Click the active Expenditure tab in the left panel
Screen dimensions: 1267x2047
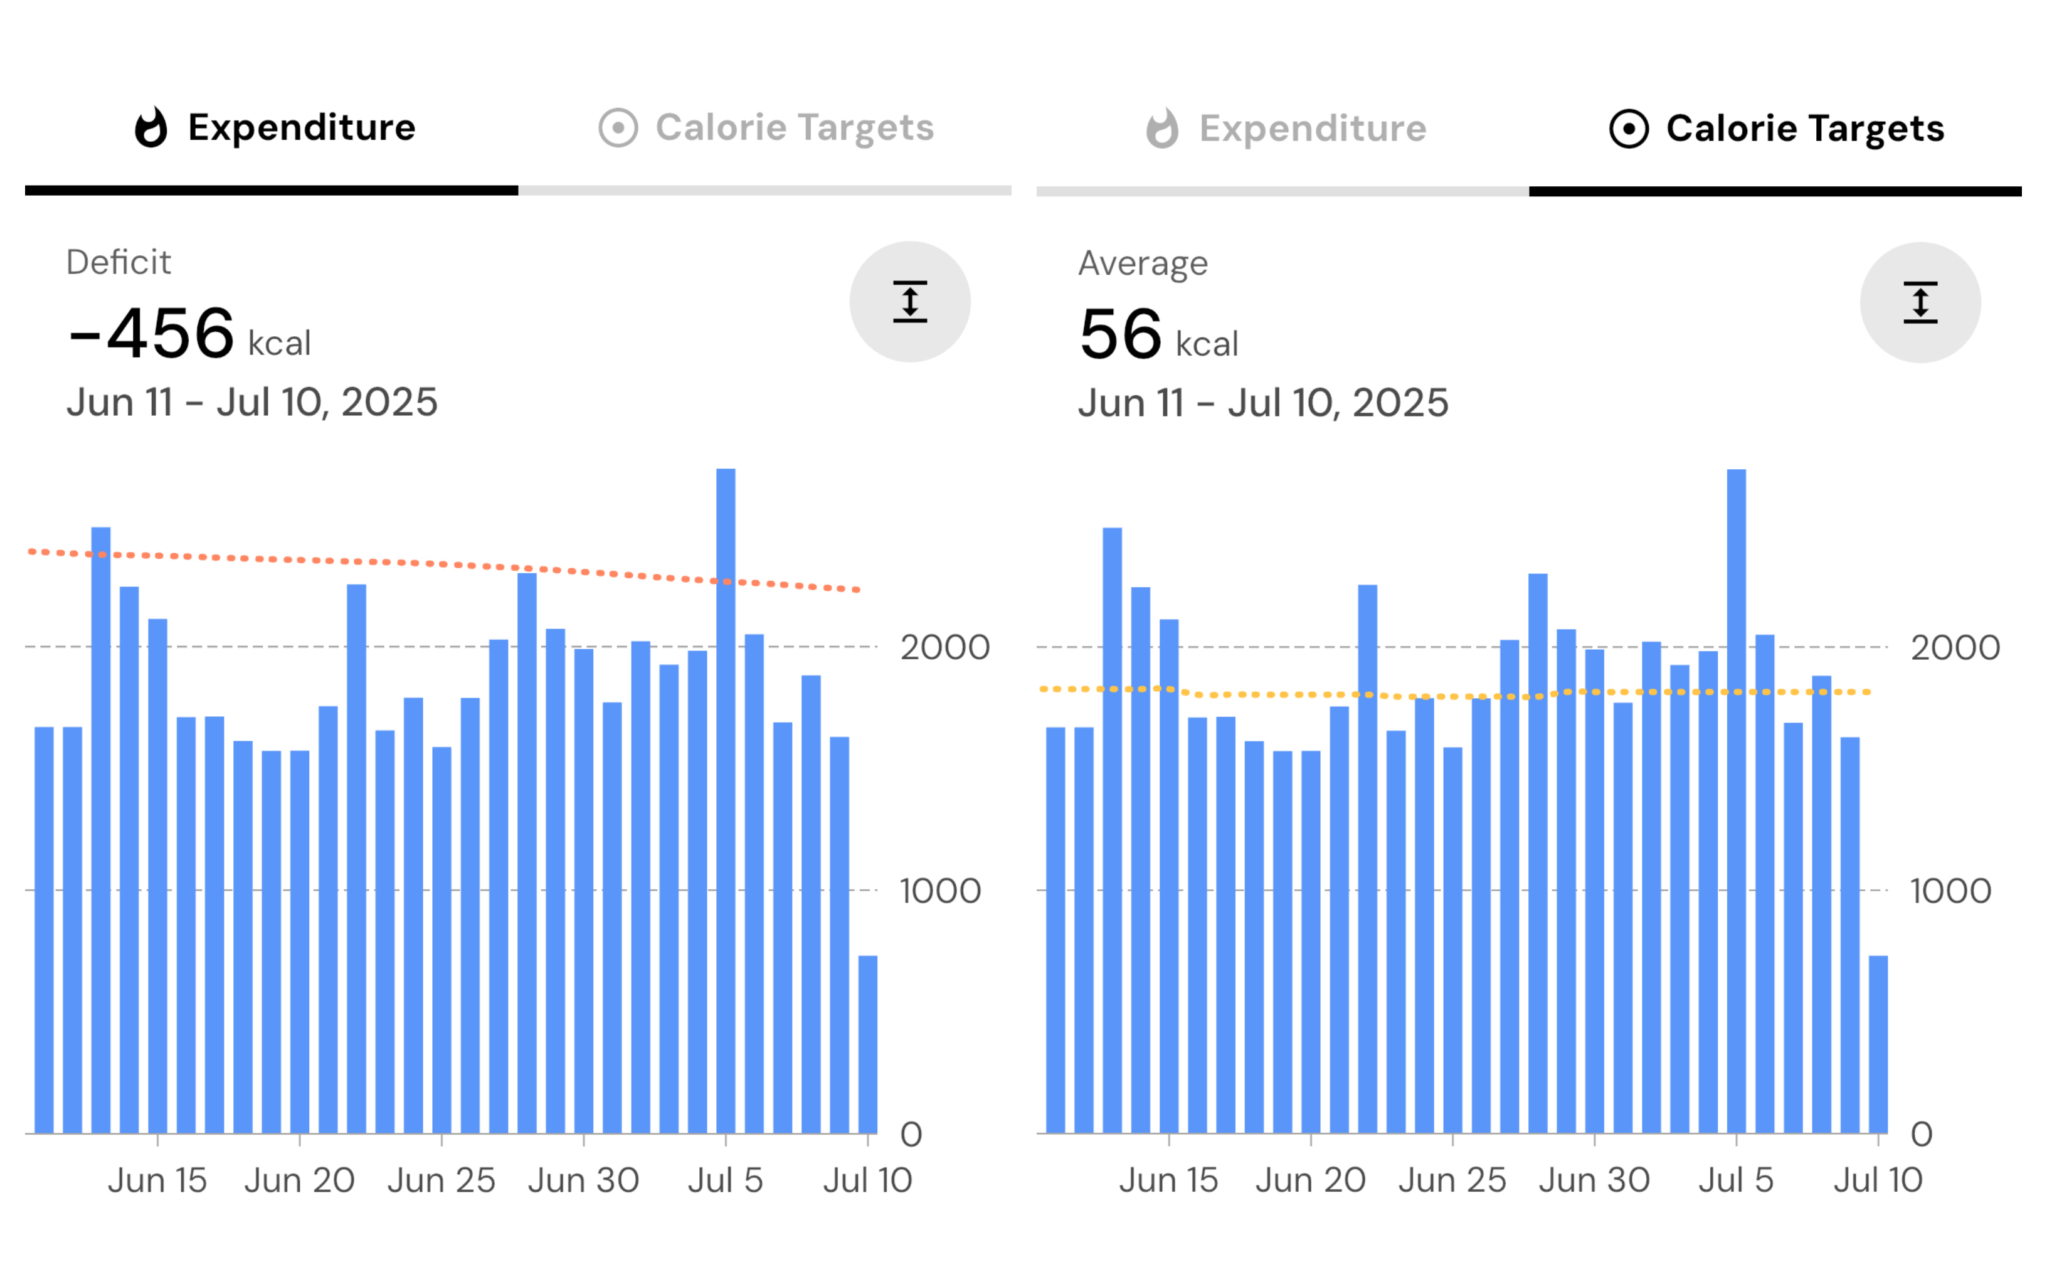275,127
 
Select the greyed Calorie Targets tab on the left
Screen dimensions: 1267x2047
766,127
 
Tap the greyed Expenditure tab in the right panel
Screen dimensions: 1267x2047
1286,128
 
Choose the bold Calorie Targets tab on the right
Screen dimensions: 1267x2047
1776,128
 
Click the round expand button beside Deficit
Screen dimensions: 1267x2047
910,302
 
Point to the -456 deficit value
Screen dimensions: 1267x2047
151,334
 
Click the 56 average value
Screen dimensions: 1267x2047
1120,334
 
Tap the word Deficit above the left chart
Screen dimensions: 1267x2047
118,262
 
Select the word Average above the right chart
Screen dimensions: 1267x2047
1143,263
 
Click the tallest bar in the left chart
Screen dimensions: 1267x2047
726,800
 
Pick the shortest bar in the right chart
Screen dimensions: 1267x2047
1878,1044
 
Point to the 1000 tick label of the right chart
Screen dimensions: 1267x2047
1950,891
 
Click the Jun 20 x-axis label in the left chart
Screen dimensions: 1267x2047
299,1180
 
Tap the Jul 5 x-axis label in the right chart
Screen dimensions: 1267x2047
1735,1180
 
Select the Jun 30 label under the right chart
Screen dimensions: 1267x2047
1594,1180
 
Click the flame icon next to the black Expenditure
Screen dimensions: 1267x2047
151,127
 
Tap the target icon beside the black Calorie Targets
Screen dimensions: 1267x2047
1629,128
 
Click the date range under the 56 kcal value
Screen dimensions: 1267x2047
1262,403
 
